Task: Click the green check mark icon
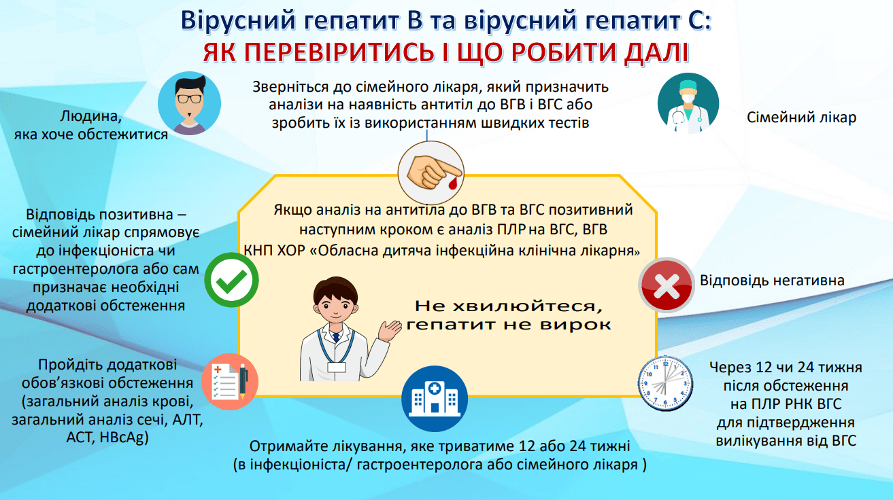231,281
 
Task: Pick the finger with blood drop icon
430,168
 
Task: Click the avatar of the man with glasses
189,103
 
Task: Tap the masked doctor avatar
688,103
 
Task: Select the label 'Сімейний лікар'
801,118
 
